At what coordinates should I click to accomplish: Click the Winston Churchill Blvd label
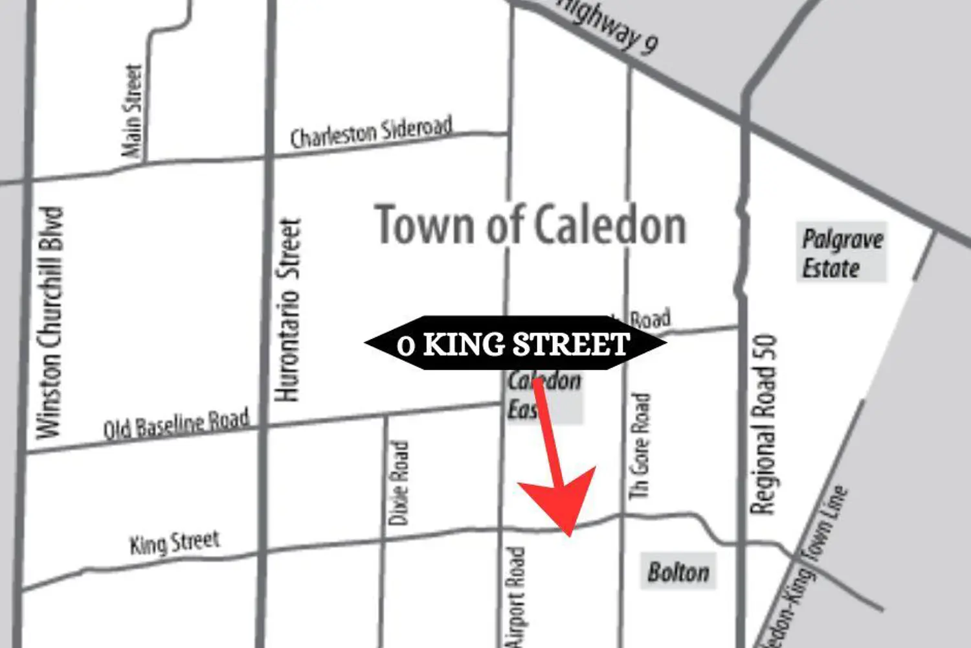(x=50, y=323)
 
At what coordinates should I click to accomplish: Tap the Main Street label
(x=132, y=110)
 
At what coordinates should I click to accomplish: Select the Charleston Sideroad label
(x=370, y=132)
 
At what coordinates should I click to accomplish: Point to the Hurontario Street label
(x=289, y=310)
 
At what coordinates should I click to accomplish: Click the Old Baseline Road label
(x=176, y=424)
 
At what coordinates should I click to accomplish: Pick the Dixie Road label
(x=399, y=482)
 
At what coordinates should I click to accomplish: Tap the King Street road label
(x=175, y=543)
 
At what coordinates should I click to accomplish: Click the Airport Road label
(x=516, y=596)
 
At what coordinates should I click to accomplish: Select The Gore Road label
(x=640, y=446)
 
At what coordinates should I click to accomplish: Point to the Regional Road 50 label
(x=764, y=424)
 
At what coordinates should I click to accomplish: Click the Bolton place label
(x=678, y=572)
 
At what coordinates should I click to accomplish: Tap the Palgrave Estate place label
(x=841, y=253)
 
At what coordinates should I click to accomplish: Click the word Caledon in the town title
(x=610, y=226)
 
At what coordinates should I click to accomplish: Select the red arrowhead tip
(x=569, y=535)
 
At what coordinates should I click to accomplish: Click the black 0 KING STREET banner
(x=515, y=343)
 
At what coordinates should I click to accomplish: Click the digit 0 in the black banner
(x=405, y=345)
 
